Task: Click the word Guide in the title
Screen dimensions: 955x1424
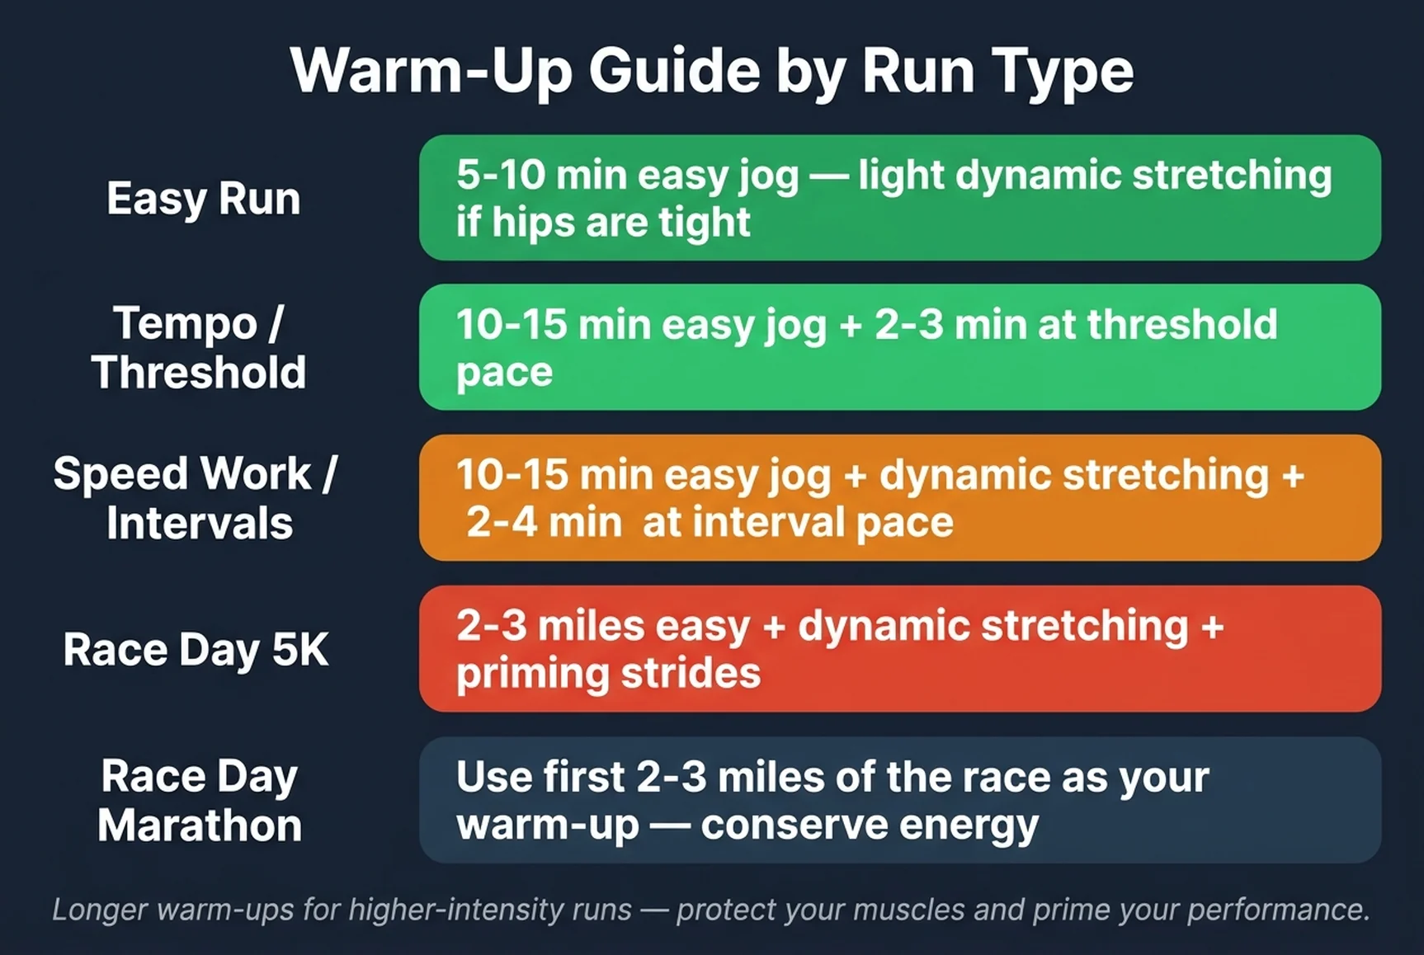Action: [x=673, y=71]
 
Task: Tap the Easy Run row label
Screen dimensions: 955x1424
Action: [x=203, y=199]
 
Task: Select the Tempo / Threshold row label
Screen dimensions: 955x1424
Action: [x=199, y=347]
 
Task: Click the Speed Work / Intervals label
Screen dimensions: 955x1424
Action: [x=196, y=498]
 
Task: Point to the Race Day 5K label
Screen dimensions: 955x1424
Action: [x=196, y=650]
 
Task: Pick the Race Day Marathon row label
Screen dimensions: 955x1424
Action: [x=200, y=800]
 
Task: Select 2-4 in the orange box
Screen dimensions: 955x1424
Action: [x=502, y=522]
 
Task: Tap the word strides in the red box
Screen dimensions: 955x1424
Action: [x=691, y=674]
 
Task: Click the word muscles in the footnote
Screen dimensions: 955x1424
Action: [x=908, y=910]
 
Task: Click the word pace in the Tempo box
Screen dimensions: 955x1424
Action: [x=504, y=374]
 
